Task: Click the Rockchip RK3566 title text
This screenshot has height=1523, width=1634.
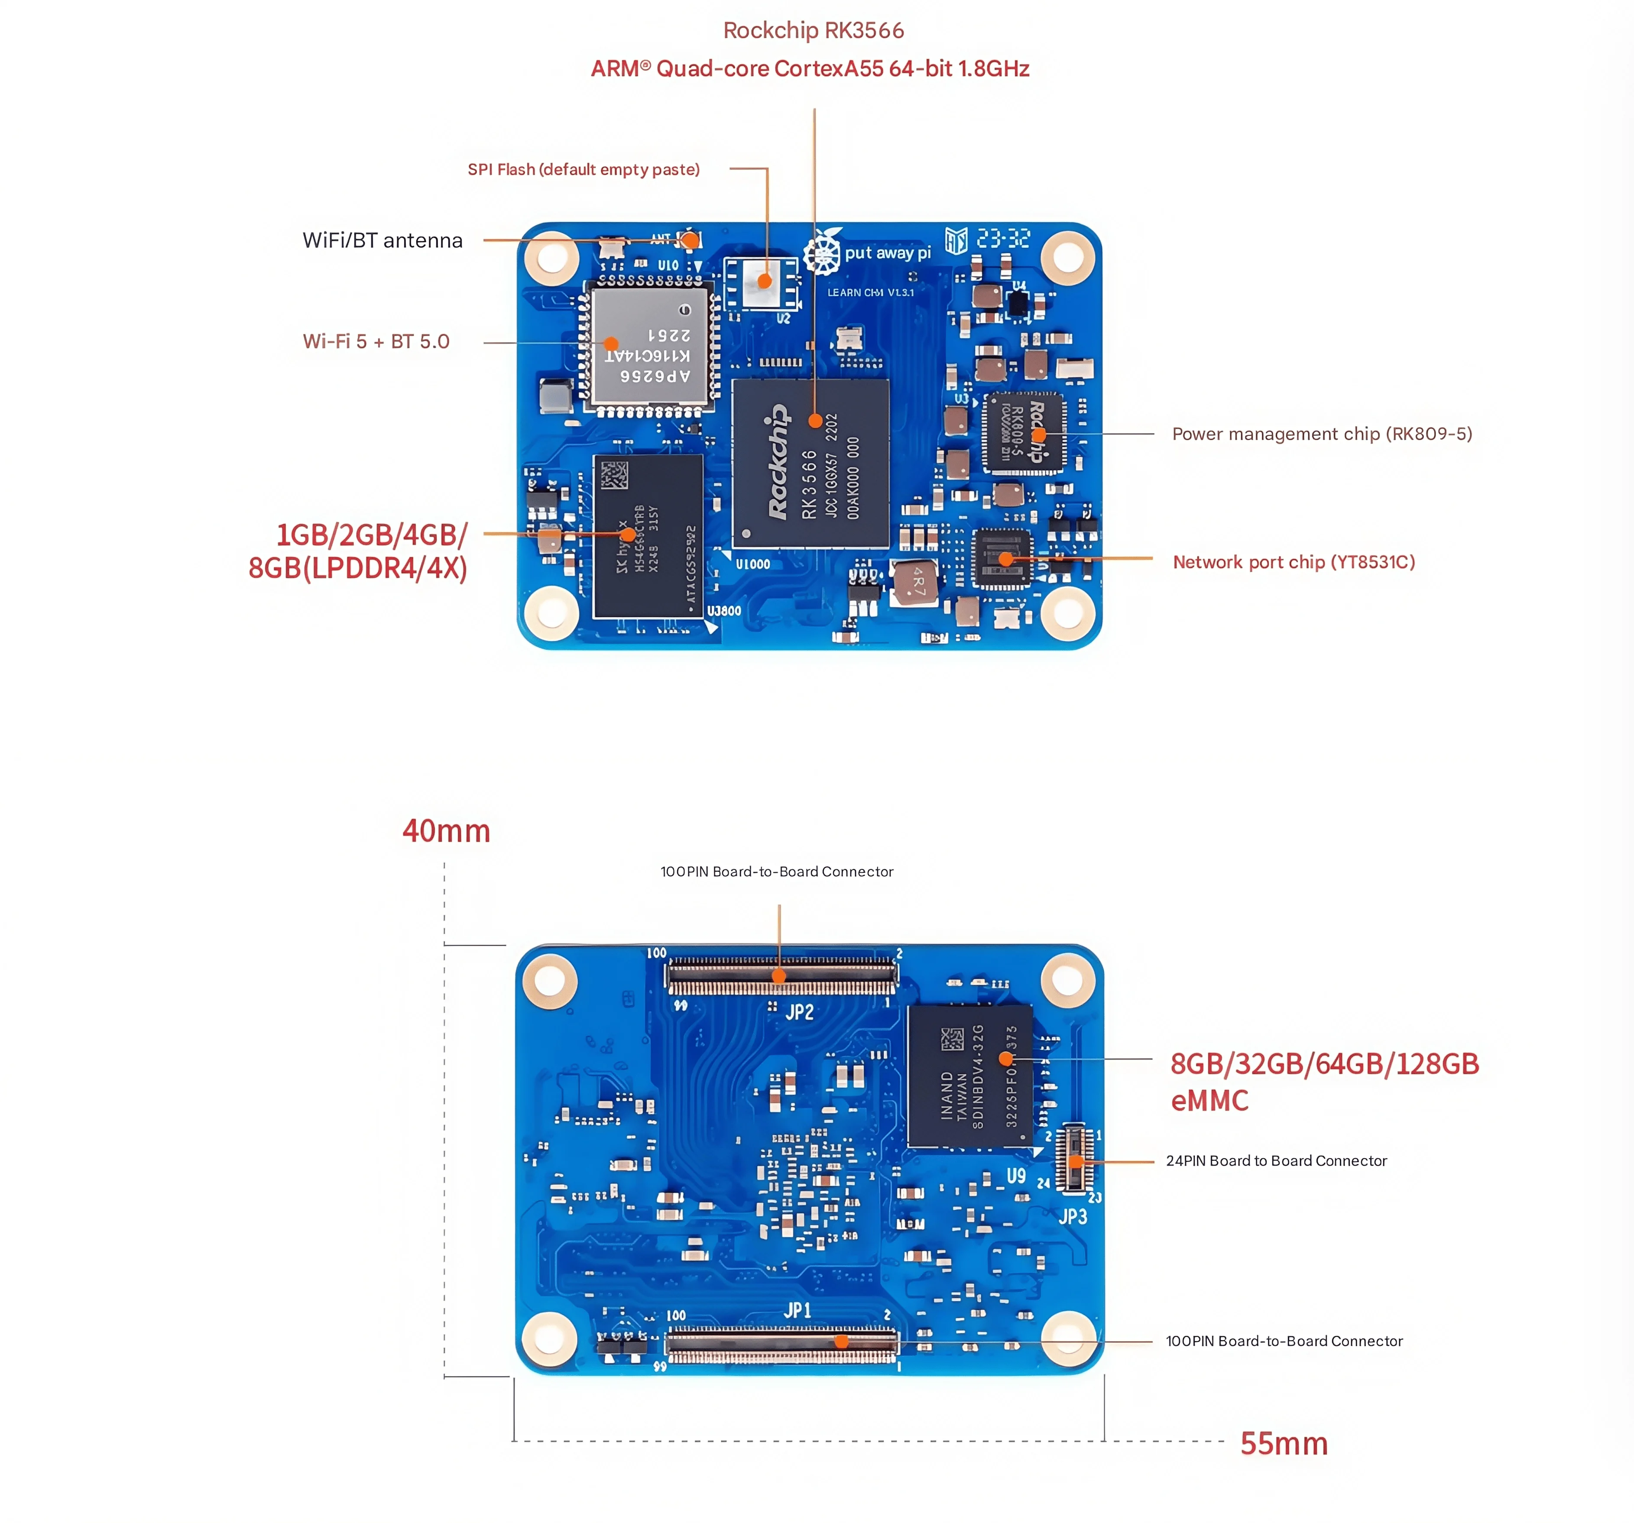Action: [813, 30]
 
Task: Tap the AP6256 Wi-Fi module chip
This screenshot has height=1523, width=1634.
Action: [649, 345]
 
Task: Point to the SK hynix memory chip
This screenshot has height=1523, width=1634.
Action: [648, 536]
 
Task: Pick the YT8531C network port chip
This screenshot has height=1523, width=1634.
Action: [1001, 559]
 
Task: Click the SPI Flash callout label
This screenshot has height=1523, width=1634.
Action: [584, 169]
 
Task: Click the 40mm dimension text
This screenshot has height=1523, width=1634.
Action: [445, 831]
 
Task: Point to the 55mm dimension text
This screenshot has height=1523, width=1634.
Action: [1283, 1443]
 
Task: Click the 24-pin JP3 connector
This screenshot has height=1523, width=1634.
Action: [1073, 1158]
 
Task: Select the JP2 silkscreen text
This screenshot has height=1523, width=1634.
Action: [799, 1012]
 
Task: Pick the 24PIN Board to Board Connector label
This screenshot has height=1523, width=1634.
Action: [1276, 1160]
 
